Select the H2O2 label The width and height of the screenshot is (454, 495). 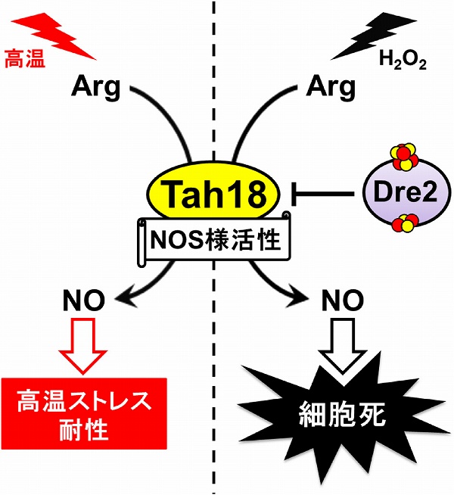coord(409,61)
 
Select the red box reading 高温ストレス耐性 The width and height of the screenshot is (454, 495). coord(80,414)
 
